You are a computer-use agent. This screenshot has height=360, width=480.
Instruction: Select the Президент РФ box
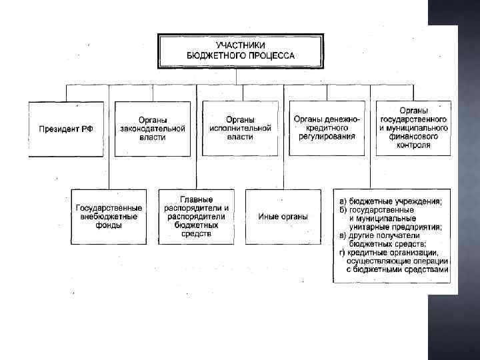click(66, 129)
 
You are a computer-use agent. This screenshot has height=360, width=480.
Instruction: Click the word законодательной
click(153, 128)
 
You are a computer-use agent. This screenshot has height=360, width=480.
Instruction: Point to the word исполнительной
click(239, 128)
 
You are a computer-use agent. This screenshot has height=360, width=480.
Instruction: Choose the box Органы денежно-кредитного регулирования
click(327, 128)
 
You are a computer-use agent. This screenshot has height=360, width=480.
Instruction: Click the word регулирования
click(327, 137)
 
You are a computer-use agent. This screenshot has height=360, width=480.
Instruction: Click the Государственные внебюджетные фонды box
click(109, 216)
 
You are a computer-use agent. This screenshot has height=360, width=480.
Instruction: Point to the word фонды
click(109, 225)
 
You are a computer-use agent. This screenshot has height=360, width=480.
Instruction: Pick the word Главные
click(196, 199)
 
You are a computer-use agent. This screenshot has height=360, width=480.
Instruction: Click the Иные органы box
click(283, 216)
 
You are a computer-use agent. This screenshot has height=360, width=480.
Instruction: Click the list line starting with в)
click(387, 235)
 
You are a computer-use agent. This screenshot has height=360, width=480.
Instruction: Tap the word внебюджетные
click(109, 217)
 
